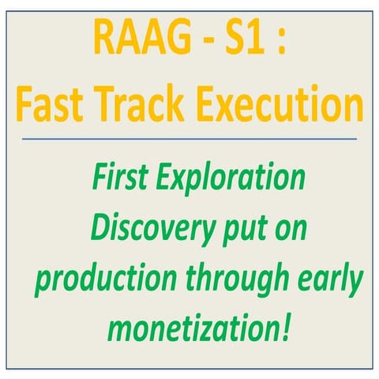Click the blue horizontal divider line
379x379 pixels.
(189, 140)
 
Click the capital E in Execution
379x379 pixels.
(222, 103)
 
